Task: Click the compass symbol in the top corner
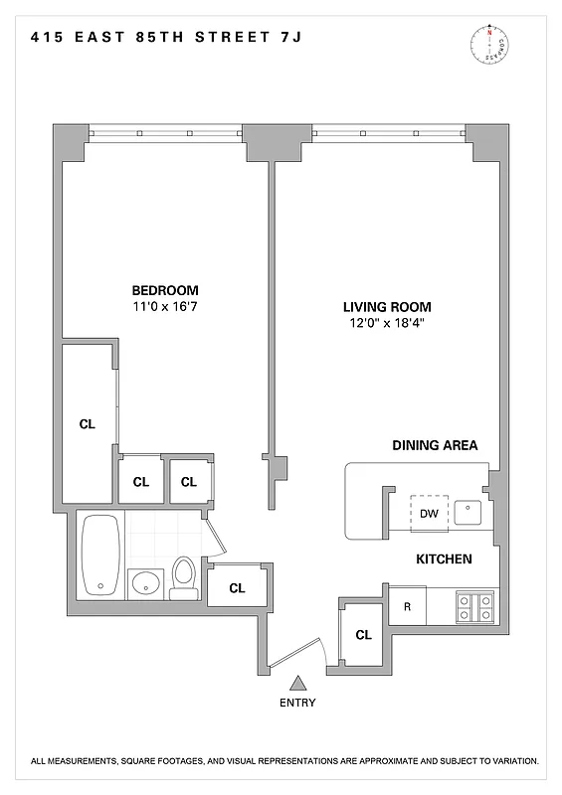pos(488,44)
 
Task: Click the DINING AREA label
pos(435,445)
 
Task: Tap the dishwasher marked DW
pos(429,514)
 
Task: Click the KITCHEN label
pos(443,559)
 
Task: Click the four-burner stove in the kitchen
pos(472,606)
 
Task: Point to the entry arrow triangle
pos(297,683)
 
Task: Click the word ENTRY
pos(297,703)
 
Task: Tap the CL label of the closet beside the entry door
pos(363,634)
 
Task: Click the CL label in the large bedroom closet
pos(88,424)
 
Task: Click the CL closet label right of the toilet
pos(237,587)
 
